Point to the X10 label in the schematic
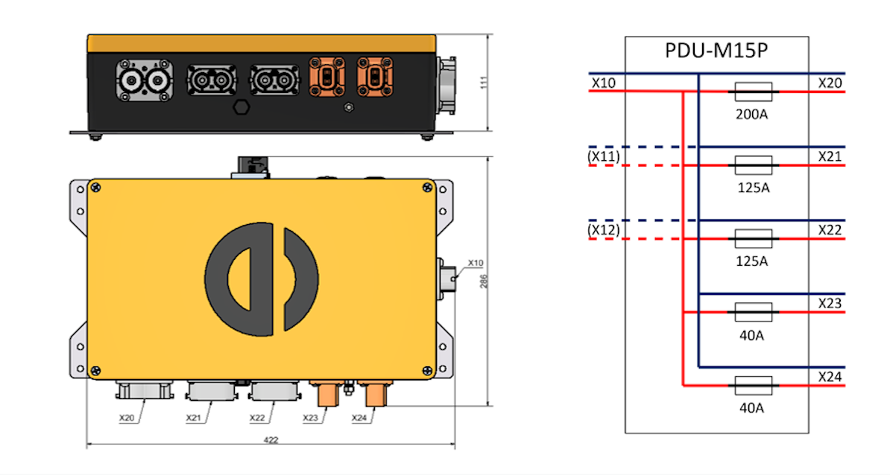point(603,83)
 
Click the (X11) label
point(603,156)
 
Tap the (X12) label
point(603,230)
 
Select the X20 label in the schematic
point(830,83)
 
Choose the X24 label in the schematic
point(830,377)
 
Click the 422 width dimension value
point(271,440)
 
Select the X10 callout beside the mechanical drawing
point(476,263)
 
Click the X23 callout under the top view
point(311,418)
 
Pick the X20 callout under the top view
point(127,418)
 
